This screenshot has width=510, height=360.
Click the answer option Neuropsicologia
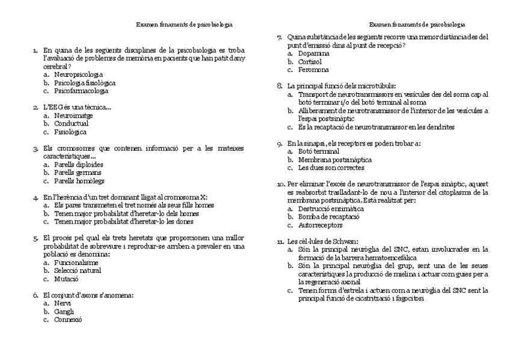point(78,75)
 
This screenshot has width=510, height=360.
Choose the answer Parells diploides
point(78,164)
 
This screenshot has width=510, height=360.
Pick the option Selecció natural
point(77,270)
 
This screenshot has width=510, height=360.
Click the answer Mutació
point(66,279)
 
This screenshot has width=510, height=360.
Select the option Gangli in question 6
point(64,311)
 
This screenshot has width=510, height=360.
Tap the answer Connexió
point(67,320)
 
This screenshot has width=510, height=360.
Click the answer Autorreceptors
point(320,225)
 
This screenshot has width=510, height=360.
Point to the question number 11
point(280,242)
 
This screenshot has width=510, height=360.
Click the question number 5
point(36,239)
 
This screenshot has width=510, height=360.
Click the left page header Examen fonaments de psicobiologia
point(184,25)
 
